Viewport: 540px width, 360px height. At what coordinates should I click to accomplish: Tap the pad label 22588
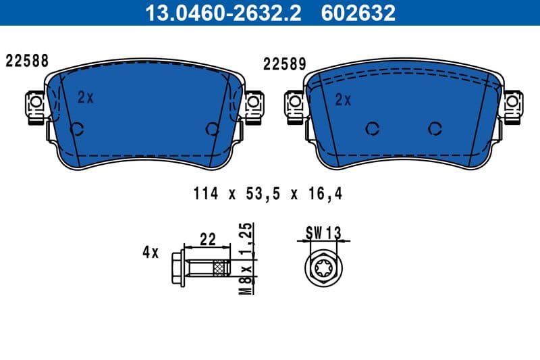(27, 60)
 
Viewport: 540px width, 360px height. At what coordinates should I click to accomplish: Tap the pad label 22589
(285, 64)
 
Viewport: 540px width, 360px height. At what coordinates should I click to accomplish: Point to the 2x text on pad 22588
(85, 97)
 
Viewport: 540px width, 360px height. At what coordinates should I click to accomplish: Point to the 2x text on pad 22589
(344, 100)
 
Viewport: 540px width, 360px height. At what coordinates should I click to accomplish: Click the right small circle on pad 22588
(212, 128)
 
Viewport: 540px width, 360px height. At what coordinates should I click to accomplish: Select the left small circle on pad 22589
(371, 128)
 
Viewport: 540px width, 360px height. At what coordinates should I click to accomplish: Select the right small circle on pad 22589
(435, 128)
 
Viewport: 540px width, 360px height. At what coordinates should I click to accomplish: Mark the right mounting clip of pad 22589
(514, 103)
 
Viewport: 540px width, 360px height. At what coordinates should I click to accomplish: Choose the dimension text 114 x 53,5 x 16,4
(268, 195)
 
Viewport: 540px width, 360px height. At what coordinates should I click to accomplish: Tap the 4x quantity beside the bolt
(150, 253)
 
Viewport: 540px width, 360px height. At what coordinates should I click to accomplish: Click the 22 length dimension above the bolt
(207, 238)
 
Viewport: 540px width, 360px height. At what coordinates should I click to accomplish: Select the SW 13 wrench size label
(323, 233)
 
